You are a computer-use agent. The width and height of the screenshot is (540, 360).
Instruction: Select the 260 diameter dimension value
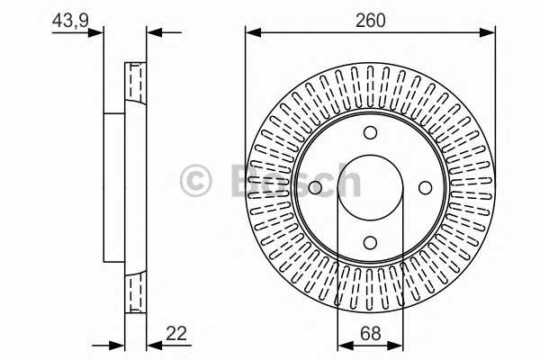(369, 20)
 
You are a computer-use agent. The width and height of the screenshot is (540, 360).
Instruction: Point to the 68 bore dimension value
(369, 333)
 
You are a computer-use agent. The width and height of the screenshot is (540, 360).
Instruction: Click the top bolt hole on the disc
(370, 133)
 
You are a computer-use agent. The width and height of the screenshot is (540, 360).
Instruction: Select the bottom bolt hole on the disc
(370, 241)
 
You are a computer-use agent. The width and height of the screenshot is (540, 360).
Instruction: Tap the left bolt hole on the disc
(315, 188)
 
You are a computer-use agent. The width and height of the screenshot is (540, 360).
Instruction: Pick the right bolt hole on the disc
(424, 187)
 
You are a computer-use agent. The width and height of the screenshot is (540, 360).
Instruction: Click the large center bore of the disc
(370, 187)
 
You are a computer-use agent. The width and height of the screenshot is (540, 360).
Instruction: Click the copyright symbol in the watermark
(196, 180)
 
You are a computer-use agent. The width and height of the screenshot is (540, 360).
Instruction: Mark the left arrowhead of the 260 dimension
(253, 32)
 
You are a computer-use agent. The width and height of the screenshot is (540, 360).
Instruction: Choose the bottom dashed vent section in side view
(135, 293)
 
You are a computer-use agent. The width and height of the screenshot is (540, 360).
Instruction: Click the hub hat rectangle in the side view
(113, 187)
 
